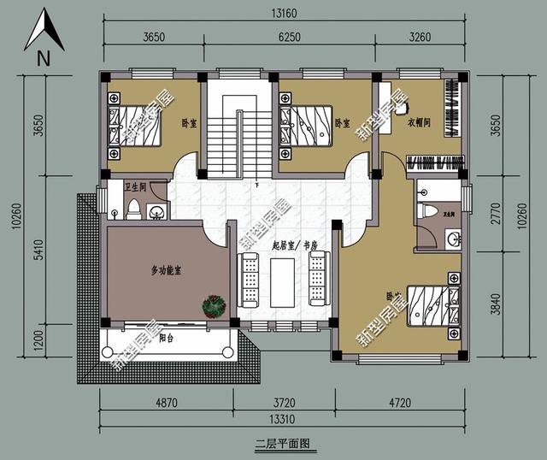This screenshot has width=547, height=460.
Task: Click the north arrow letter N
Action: point(44,59)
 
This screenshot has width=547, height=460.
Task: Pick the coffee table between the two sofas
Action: point(283,280)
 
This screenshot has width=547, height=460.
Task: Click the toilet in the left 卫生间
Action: point(132,209)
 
